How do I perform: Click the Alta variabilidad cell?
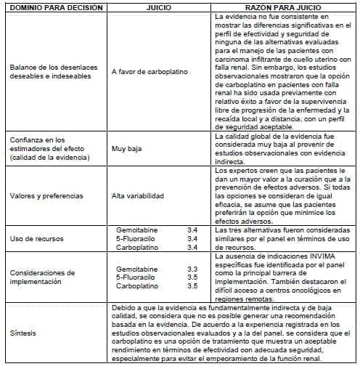click(x=137, y=195)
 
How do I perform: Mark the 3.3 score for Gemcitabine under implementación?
click(x=192, y=267)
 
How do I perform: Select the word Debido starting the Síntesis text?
click(x=123, y=308)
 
